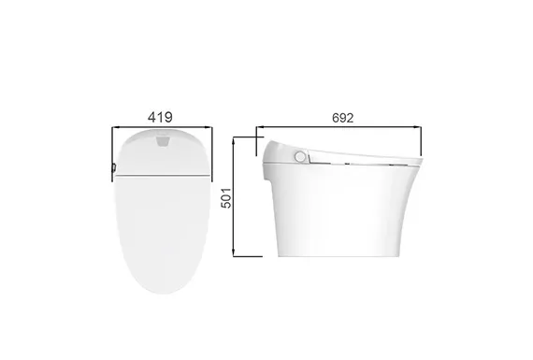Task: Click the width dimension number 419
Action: click(160, 117)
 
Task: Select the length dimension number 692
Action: click(342, 118)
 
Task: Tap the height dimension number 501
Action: click(226, 198)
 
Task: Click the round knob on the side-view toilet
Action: click(300, 157)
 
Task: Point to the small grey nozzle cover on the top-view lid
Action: click(162, 141)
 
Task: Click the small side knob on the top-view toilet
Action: click(114, 167)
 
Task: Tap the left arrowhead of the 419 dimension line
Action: click(116, 128)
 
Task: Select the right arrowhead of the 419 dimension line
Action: click(209, 128)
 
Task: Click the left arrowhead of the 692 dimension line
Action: click(260, 127)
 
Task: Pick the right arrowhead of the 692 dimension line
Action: click(417, 127)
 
